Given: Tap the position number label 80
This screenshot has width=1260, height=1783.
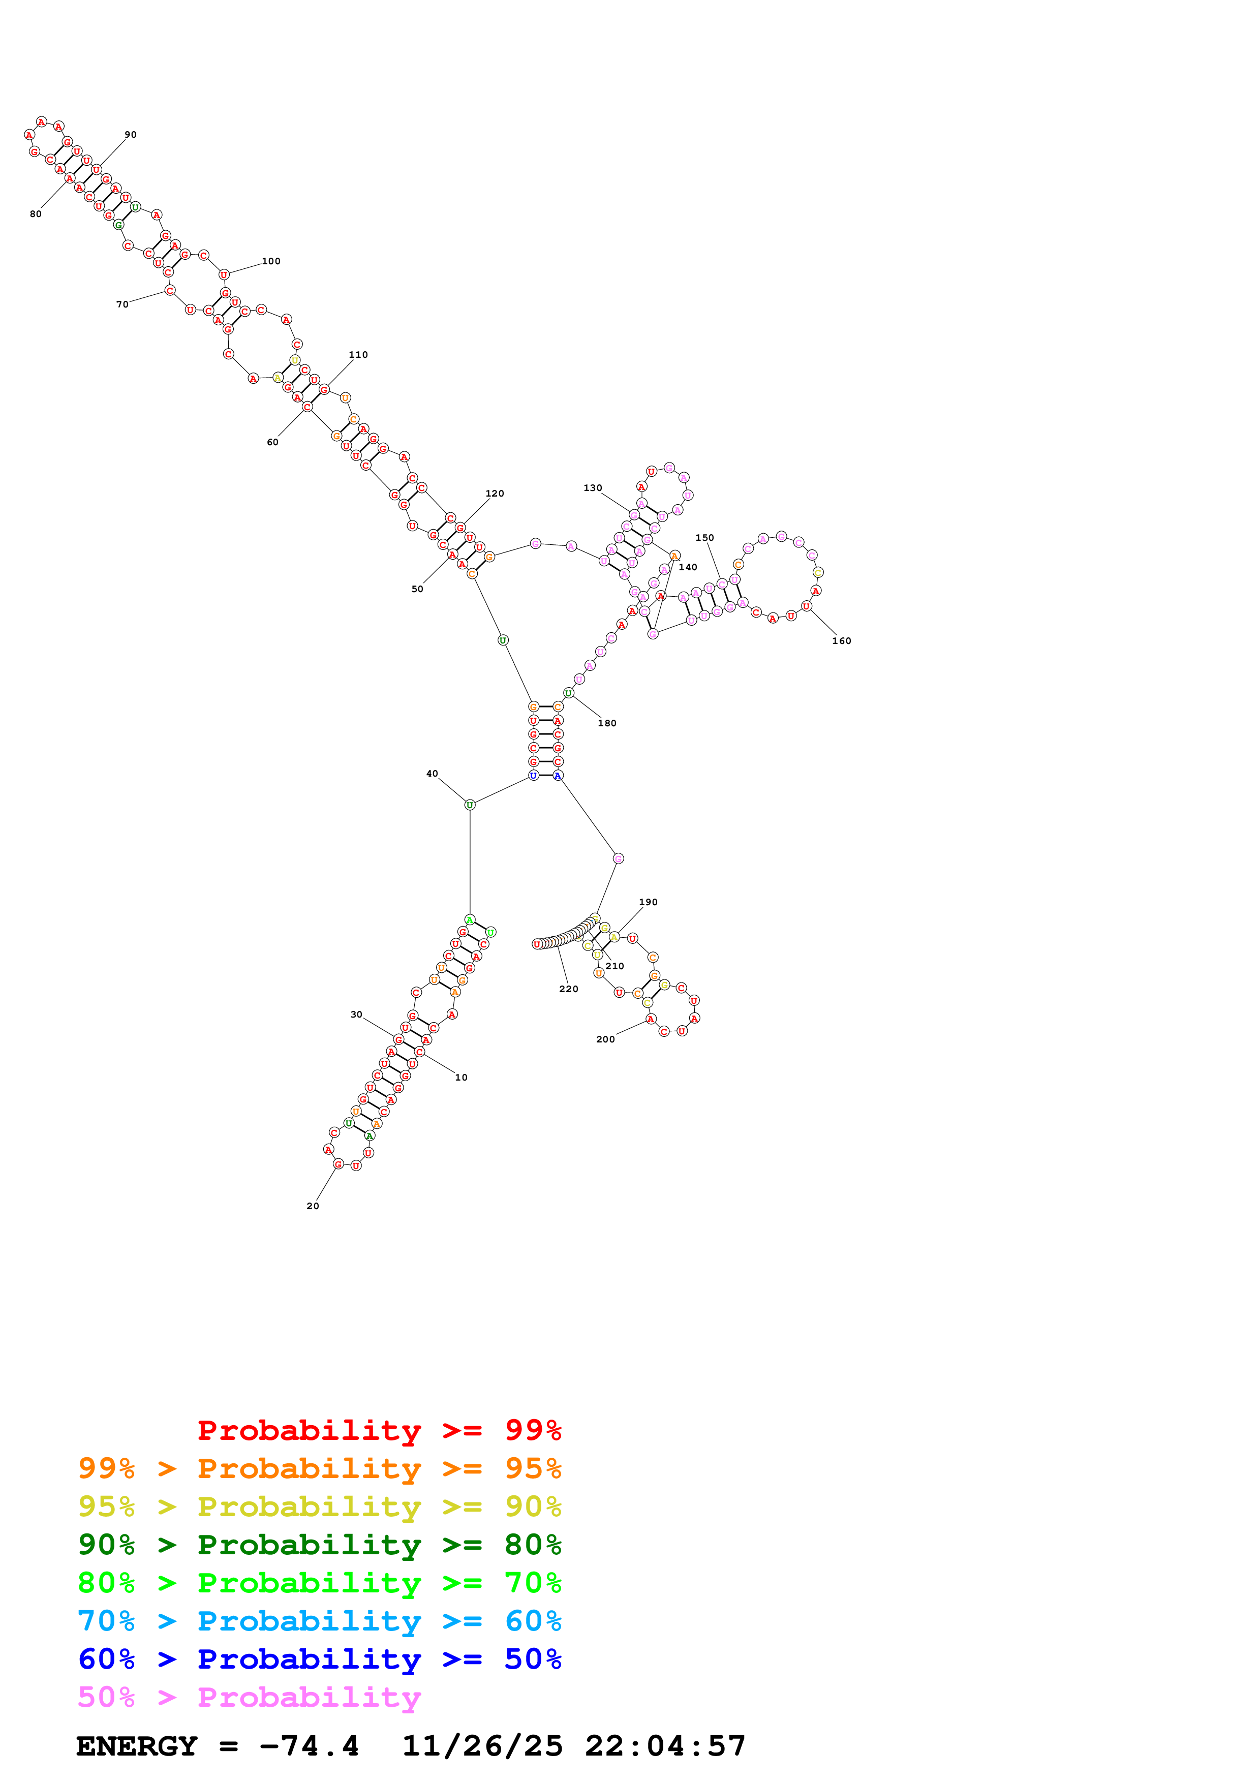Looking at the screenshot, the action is point(36,214).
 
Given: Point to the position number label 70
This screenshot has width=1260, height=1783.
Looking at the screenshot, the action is point(122,304).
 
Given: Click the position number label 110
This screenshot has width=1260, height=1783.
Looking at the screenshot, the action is point(358,355).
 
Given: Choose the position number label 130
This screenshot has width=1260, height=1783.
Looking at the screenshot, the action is point(592,488).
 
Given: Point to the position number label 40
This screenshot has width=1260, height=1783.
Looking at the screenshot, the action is point(432,774).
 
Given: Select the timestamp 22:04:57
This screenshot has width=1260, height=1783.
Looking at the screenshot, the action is point(665,1746).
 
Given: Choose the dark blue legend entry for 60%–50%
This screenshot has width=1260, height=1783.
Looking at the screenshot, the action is point(319,1659).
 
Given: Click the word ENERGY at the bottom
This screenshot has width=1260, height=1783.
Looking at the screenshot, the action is point(137,1746).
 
